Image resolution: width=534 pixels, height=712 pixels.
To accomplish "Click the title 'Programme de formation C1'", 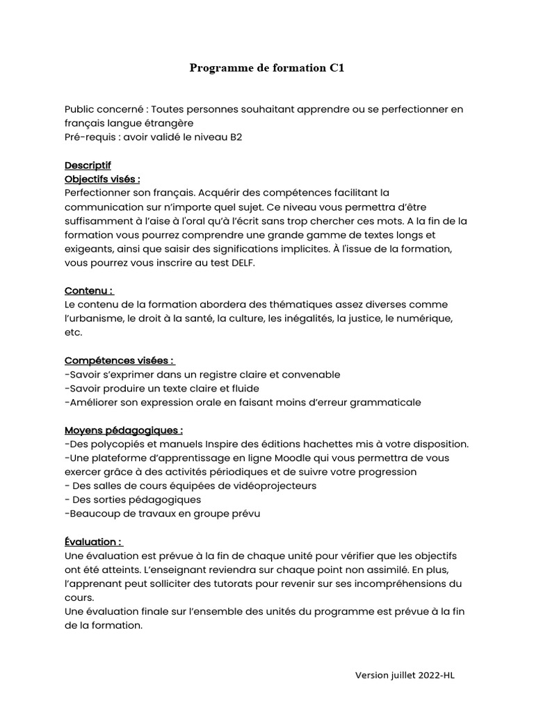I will pos(267,67).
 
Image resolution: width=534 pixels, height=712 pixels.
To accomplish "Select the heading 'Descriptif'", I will pos(88,165).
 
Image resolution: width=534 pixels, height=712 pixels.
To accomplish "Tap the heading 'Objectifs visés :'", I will pos(102,179).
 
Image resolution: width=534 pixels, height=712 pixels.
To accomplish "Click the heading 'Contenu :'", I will pos(89,291).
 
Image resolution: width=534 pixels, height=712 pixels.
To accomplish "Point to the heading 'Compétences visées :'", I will pos(120,360).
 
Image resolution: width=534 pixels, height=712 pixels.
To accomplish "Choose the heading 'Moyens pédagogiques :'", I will pos(124,430).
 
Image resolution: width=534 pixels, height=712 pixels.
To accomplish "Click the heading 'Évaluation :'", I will pos(93,542).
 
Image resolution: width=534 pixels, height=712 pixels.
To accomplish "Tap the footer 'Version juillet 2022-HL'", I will pos(405,674).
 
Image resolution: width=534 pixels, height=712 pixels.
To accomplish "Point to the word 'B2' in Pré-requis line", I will pos(236,137).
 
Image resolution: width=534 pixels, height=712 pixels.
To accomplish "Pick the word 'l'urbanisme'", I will pos(92,318).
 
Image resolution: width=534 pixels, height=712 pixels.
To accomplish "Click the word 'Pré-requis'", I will pos(90,137).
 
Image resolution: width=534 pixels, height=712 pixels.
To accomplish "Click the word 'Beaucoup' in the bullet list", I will pos(90,513).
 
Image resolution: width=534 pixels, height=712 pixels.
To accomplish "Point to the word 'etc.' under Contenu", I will pos(73,332).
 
